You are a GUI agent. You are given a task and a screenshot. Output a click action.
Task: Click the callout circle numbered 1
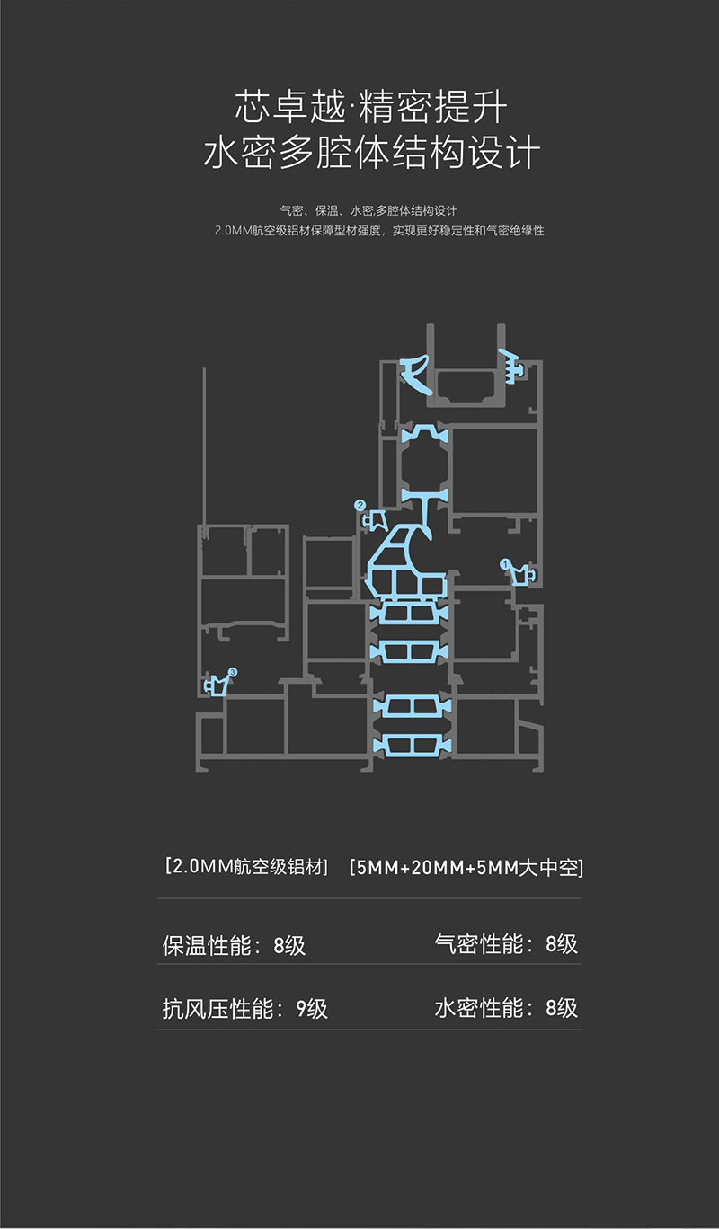click(505, 563)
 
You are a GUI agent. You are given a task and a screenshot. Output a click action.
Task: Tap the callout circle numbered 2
click(360, 506)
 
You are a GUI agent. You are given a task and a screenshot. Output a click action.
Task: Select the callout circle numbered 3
click(233, 672)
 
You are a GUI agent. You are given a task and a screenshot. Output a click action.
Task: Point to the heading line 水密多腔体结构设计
click(370, 153)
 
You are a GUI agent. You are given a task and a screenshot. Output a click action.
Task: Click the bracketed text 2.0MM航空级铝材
click(247, 867)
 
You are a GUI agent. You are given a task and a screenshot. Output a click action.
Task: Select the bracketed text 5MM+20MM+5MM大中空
click(467, 868)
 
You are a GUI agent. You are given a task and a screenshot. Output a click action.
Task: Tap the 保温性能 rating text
click(234, 945)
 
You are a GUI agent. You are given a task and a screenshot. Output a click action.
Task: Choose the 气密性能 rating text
click(506, 944)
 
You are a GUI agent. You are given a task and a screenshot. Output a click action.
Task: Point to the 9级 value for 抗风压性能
click(312, 1008)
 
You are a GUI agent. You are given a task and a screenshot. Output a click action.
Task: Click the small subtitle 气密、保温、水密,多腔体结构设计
click(369, 211)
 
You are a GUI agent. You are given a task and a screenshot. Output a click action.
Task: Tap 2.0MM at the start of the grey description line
click(233, 232)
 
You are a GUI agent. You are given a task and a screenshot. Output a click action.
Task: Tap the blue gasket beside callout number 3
click(216, 685)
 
